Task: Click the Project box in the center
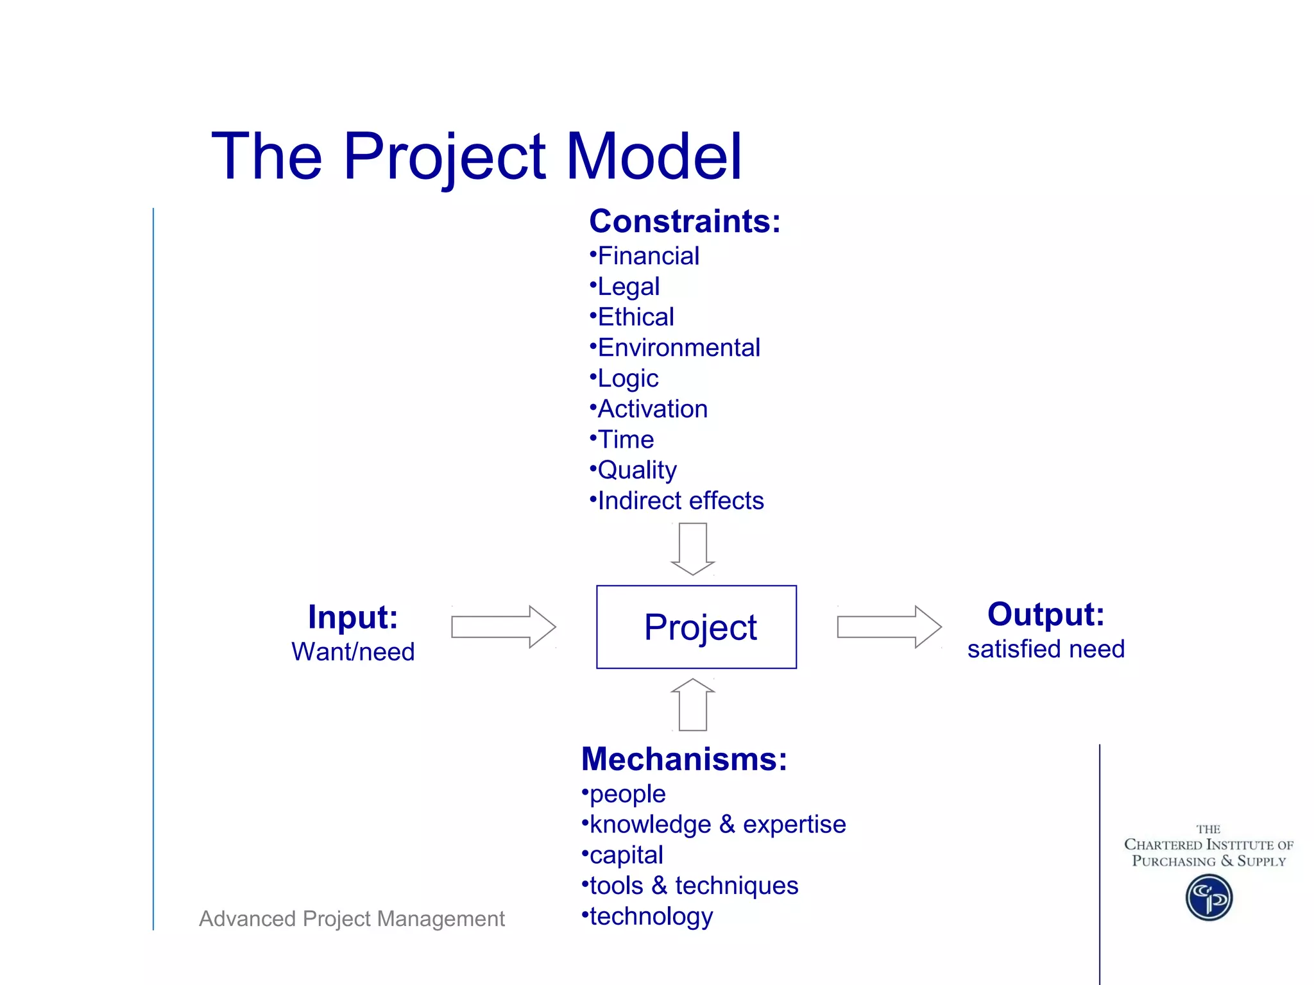coord(696,627)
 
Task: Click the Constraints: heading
coord(685,221)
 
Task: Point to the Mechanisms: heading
coord(683,759)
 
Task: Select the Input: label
coord(353,617)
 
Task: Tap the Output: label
coord(1046,614)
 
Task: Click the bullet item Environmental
coord(678,348)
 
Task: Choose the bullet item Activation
coord(652,409)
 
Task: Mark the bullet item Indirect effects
coord(680,501)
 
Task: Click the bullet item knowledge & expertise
coord(717,825)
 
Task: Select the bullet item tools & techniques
coord(693,886)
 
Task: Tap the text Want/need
coord(353,652)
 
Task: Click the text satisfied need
coord(1046,649)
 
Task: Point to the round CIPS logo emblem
coord(1209,898)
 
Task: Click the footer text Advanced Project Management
coord(352,918)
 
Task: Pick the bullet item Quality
coord(636,470)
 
